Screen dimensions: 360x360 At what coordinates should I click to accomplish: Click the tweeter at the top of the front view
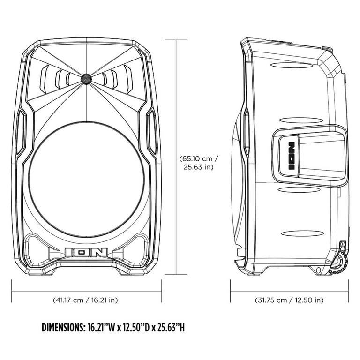86,79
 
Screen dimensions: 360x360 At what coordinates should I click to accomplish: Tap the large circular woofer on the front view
86,179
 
